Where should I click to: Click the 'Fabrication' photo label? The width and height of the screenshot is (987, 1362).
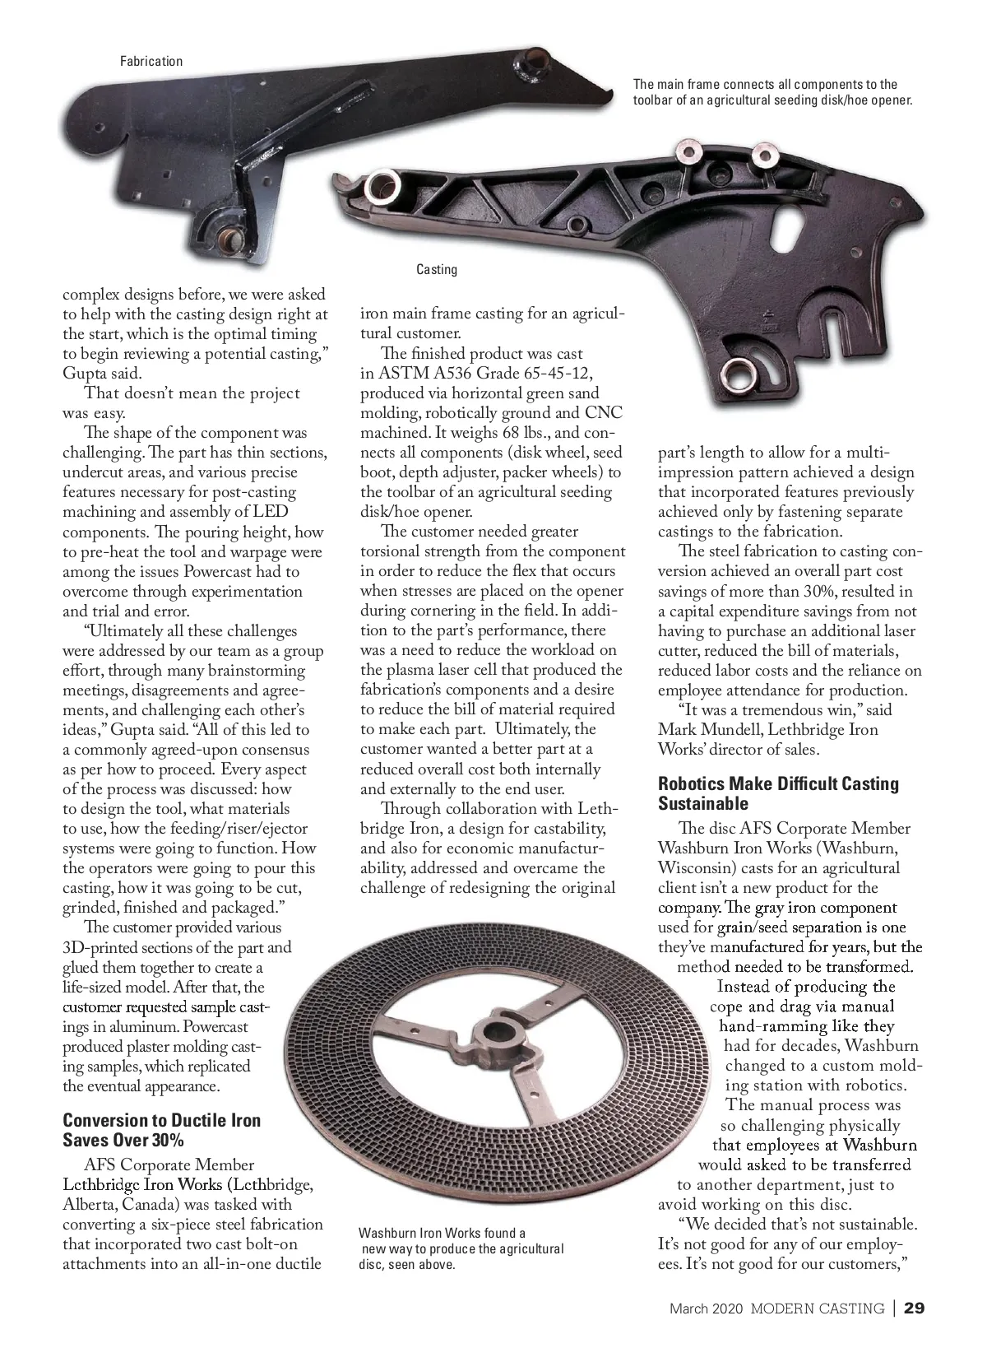[x=151, y=61]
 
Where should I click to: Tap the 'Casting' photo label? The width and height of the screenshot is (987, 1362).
[x=436, y=269]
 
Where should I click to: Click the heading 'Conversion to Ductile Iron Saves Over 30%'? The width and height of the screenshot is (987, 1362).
[x=161, y=1130]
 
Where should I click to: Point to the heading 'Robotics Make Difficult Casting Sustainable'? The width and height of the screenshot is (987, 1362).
[x=778, y=793]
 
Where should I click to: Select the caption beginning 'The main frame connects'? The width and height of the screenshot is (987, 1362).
[x=772, y=92]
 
